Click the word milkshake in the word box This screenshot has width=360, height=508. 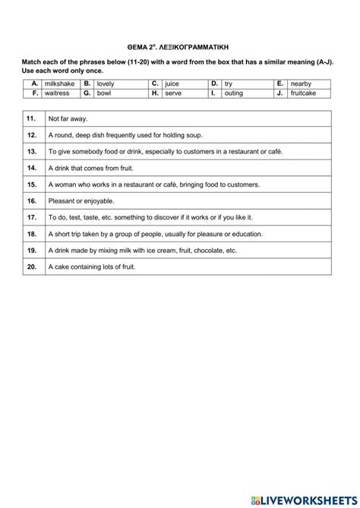coord(59,83)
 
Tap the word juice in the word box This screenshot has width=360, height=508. coord(172,83)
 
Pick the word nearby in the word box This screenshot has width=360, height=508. coord(303,83)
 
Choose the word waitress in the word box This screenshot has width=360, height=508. coord(58,93)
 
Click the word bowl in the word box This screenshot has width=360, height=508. coord(105,93)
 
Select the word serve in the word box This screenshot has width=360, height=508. coord(173,93)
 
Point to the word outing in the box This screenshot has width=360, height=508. coord(234,93)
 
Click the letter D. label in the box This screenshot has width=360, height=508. coord(214,83)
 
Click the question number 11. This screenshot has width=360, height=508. coord(31,119)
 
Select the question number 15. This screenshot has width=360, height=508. coord(31,185)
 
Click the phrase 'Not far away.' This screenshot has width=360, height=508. coord(68,119)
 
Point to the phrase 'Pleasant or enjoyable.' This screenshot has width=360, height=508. coord(81,201)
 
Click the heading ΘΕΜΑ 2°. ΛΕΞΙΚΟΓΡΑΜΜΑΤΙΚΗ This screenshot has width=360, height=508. coord(179,46)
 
